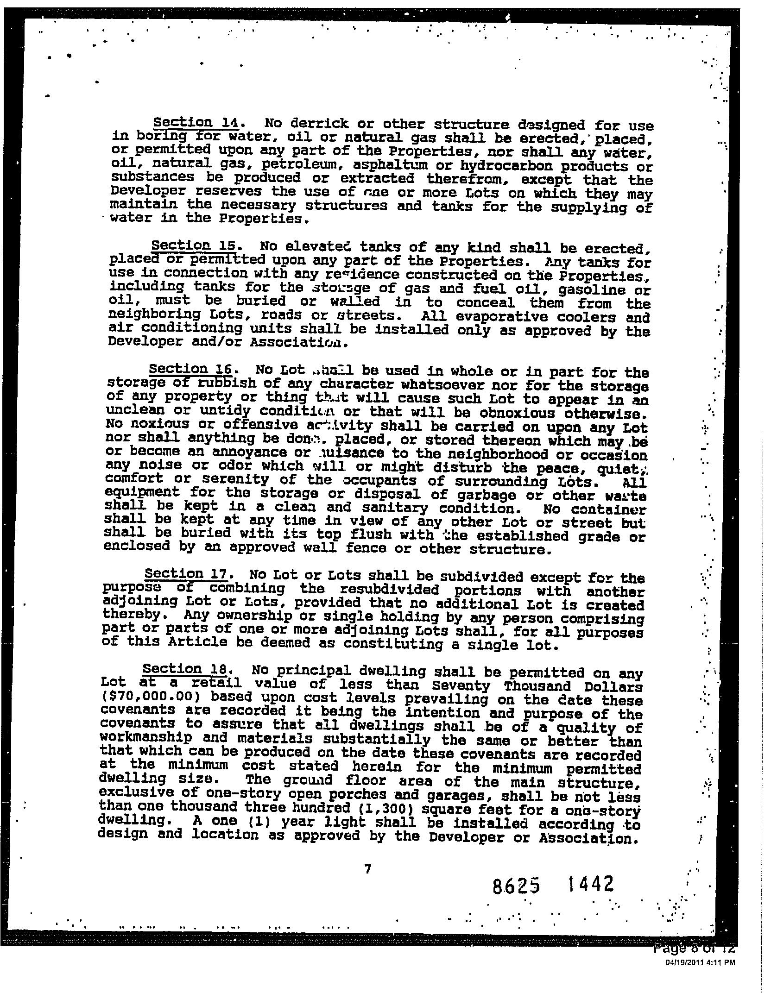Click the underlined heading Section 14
[x=196, y=123]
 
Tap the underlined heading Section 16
[x=190, y=369]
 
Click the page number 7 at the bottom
[x=367, y=869]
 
